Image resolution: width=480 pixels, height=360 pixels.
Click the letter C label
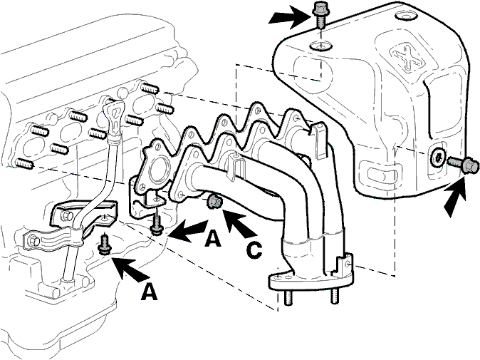point(254,250)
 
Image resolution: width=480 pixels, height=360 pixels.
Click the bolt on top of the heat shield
point(320,14)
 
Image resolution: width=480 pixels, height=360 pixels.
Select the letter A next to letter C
point(213,238)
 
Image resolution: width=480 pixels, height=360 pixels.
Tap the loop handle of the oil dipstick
point(114,115)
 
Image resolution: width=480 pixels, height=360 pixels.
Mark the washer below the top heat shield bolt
point(320,46)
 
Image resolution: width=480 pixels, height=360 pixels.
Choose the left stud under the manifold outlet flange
point(288,297)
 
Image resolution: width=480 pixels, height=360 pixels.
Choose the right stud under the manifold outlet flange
point(334,295)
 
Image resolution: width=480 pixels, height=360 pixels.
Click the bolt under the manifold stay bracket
point(157,226)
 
